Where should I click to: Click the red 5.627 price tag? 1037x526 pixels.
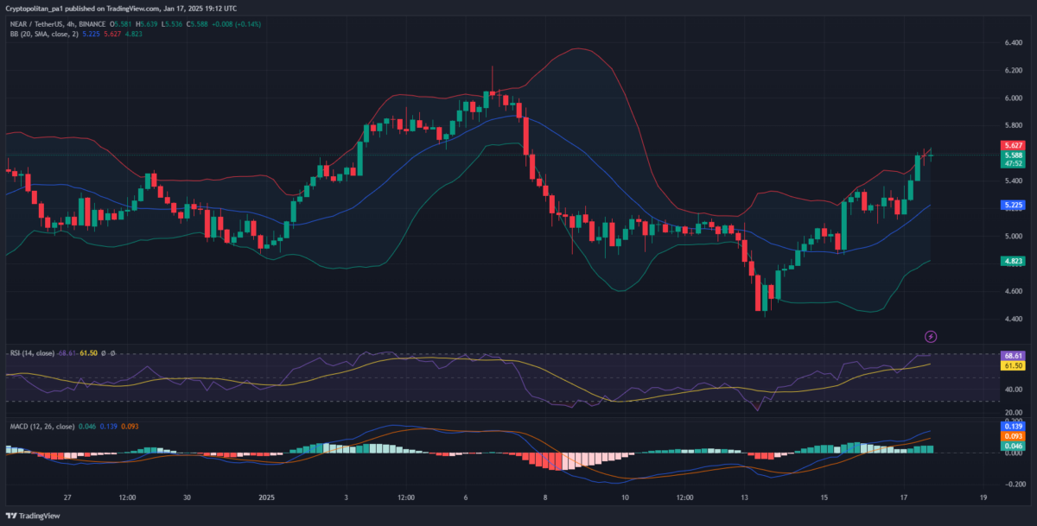point(1011,146)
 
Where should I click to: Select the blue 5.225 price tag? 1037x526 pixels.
point(1011,206)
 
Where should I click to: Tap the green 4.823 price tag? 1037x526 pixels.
point(1011,261)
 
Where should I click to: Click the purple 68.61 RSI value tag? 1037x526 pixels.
point(1012,356)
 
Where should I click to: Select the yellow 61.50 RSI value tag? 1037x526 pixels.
point(1012,366)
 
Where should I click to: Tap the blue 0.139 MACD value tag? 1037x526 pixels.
point(1012,427)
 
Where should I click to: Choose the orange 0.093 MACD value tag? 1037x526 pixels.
point(1012,436)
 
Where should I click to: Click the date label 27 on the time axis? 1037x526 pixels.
point(67,498)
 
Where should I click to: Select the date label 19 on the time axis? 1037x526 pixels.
point(983,498)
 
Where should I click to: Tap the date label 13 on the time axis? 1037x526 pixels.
point(745,498)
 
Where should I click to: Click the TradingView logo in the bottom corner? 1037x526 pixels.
point(35,515)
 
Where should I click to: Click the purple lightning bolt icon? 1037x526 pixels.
point(931,336)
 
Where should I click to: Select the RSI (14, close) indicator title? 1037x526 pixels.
point(32,353)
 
